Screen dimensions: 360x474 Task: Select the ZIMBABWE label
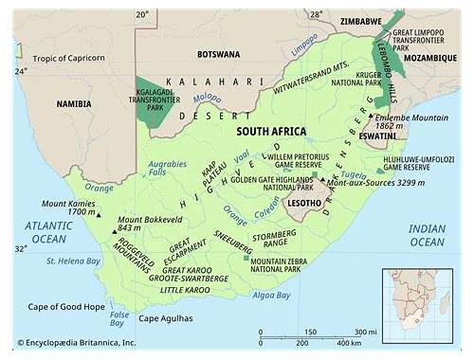[340, 20]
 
